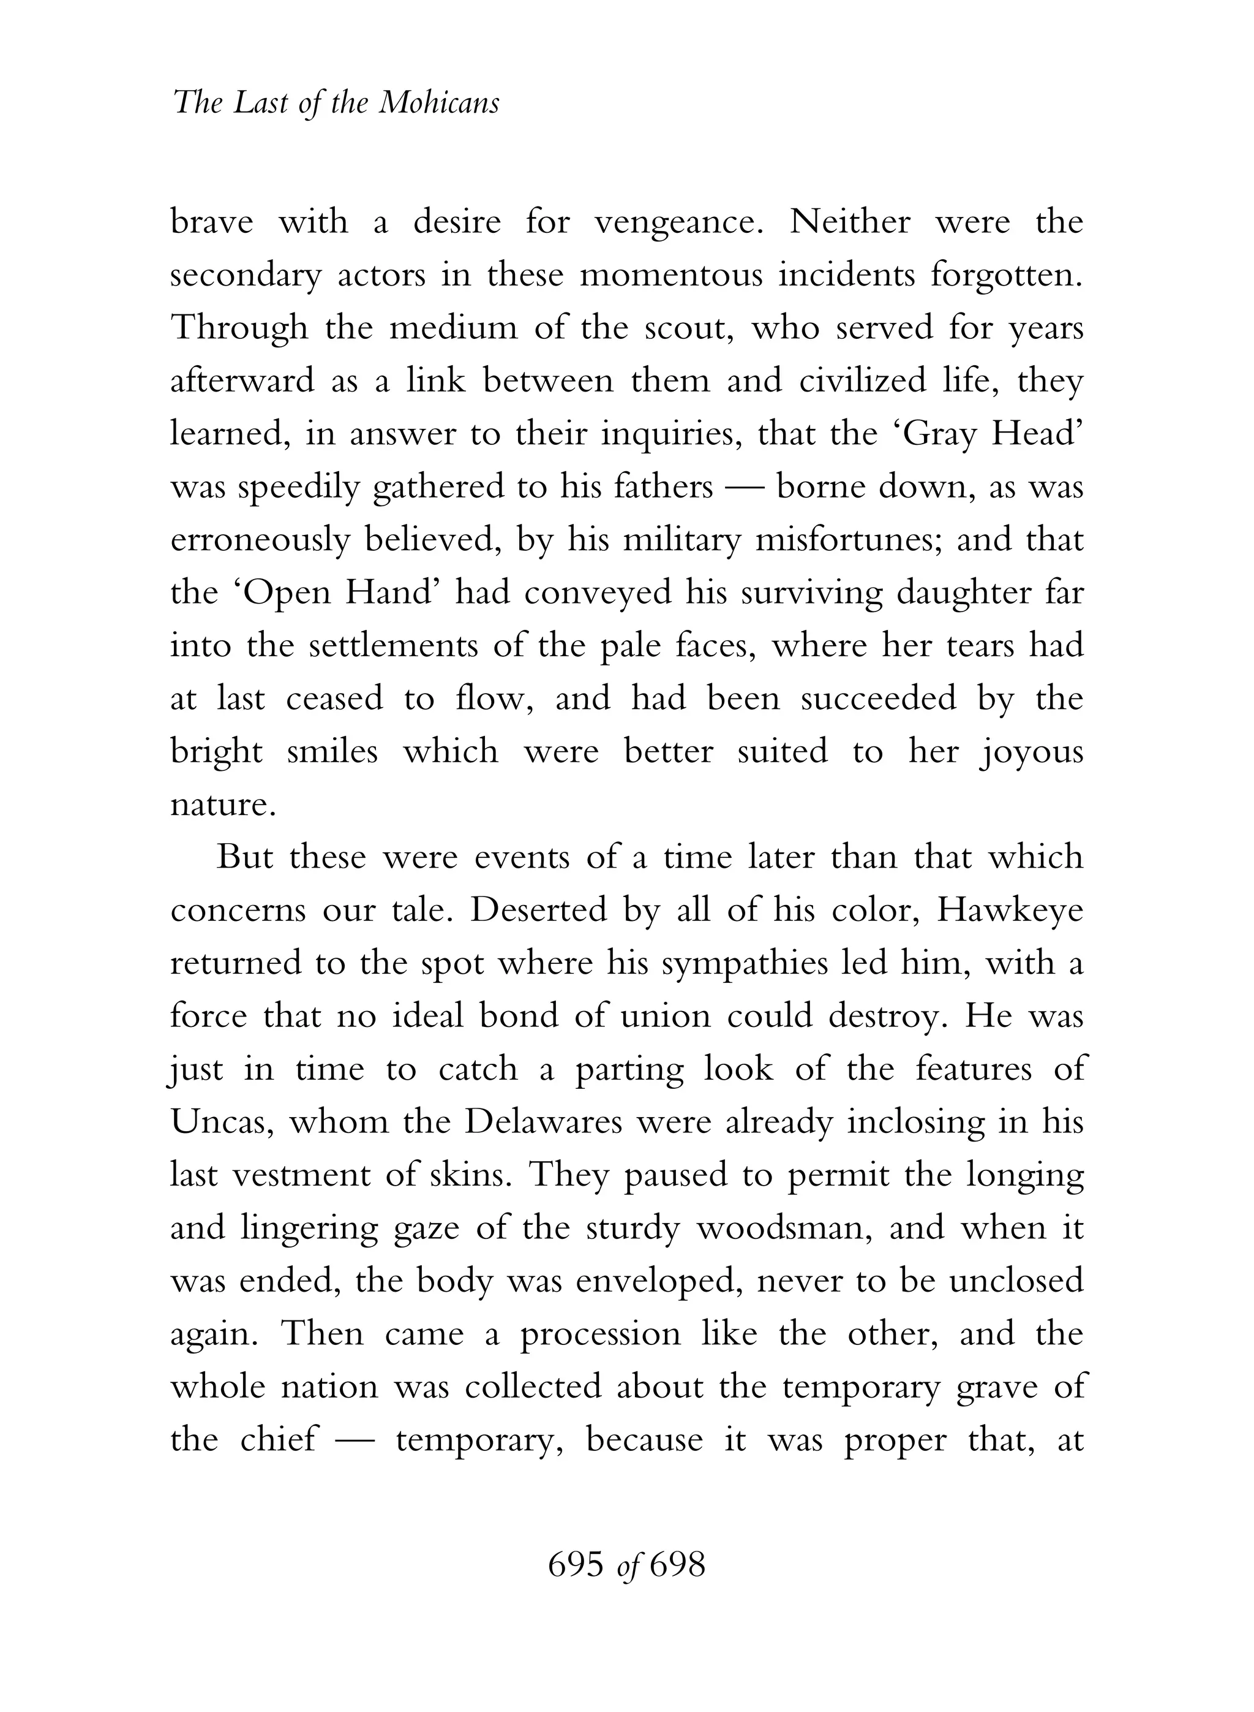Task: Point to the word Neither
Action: [x=849, y=222]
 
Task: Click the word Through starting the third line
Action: [x=239, y=328]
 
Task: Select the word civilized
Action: [x=862, y=381]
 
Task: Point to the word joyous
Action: [x=1031, y=752]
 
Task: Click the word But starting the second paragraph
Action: [x=245, y=857]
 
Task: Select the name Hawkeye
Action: [x=1010, y=911]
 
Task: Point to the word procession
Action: [x=599, y=1335]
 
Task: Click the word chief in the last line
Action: [x=278, y=1439]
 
